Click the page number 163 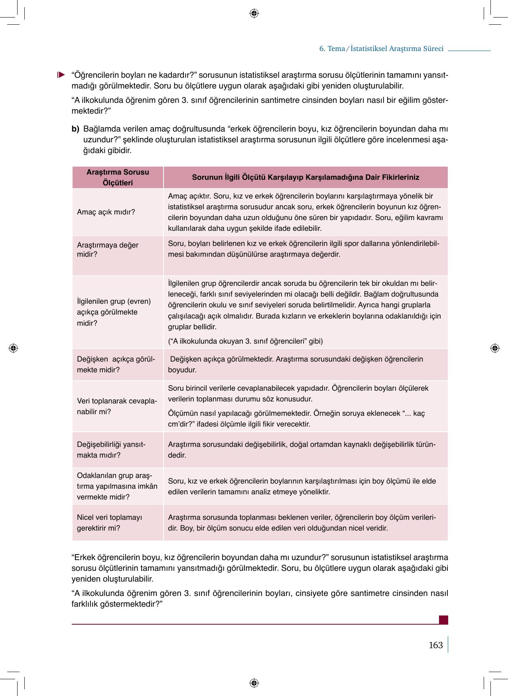(x=435, y=645)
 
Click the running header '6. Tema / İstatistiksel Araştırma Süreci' (x=381, y=49)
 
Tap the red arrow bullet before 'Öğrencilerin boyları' (x=61, y=75)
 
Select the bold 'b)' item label (x=75, y=129)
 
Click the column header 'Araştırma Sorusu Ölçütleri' (x=118, y=177)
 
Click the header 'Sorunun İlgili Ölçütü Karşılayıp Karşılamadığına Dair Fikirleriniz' (x=305, y=177)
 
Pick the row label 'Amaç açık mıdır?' (x=106, y=212)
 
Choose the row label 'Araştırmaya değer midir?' (x=108, y=250)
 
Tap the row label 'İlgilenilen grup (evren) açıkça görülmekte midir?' (x=114, y=312)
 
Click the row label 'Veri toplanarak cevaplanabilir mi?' (x=116, y=406)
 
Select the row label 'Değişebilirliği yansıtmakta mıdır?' (x=111, y=450)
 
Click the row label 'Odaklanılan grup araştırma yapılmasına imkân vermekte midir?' (x=117, y=486)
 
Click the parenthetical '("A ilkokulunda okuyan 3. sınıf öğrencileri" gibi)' (x=245, y=341)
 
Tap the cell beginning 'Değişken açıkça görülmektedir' (x=295, y=364)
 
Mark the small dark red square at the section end (x=443, y=620)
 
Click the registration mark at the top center (x=254, y=14)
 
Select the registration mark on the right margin (x=494, y=348)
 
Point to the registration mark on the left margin (x=13, y=348)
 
